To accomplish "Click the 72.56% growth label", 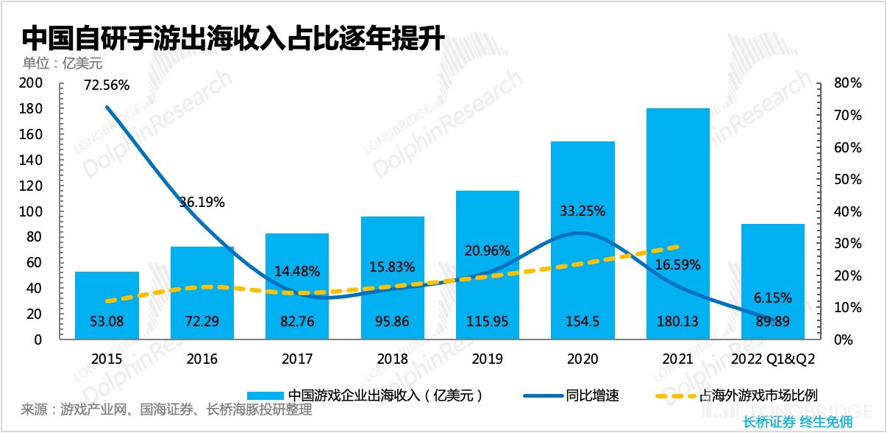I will pyautogui.click(x=107, y=85).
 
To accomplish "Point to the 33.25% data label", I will pyautogui.click(x=583, y=211).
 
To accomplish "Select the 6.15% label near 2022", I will pyautogui.click(x=772, y=298).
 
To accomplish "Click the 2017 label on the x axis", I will pyautogui.click(x=297, y=359).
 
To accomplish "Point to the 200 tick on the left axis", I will pyautogui.click(x=32, y=83).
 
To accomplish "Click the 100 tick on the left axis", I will pyautogui.click(x=32, y=212).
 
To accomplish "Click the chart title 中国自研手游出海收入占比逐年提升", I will pyautogui.click(x=232, y=37).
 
